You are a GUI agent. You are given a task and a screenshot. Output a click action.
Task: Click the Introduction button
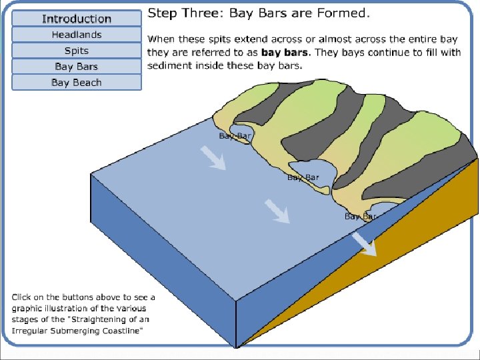pyautogui.click(x=77, y=19)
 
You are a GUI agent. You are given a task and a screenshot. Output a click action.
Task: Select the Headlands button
pyautogui.click(x=77, y=35)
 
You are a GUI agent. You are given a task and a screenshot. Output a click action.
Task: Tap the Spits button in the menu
pyautogui.click(x=77, y=51)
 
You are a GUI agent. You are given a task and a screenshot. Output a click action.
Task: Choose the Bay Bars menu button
pyautogui.click(x=77, y=67)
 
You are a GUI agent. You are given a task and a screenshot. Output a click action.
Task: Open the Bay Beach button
pyautogui.click(x=77, y=83)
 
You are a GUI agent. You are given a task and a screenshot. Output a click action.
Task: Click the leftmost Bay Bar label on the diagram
pyautogui.click(x=235, y=136)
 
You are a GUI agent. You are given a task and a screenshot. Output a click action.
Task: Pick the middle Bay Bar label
pyautogui.click(x=303, y=177)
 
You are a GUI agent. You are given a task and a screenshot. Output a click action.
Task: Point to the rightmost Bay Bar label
pyautogui.click(x=359, y=217)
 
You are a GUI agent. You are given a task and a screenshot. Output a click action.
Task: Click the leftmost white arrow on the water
pyautogui.click(x=213, y=157)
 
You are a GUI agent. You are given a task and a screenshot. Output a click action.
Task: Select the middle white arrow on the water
pyautogui.click(x=277, y=211)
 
